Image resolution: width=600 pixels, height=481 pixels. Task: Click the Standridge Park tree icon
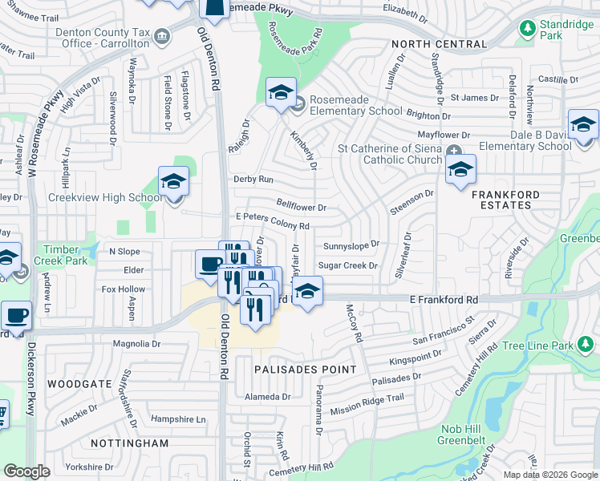click(527, 29)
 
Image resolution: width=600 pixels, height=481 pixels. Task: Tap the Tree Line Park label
click(537, 347)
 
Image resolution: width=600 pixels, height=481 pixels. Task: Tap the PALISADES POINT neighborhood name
click(306, 370)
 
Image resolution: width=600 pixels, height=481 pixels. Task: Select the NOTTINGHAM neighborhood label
click(129, 443)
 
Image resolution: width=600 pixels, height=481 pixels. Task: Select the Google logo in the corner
click(27, 471)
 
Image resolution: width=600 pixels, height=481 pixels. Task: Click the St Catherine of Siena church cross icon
click(455, 150)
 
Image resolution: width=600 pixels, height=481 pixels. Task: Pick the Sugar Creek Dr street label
click(347, 265)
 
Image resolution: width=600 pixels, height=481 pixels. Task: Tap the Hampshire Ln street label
click(178, 419)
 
